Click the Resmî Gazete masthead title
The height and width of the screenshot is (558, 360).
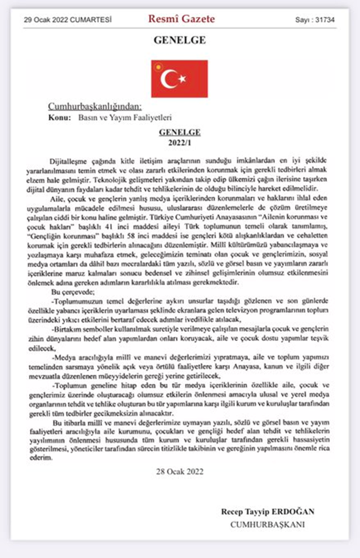point(181,19)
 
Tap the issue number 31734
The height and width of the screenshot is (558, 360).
point(322,20)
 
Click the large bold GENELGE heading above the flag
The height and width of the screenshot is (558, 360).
point(179,40)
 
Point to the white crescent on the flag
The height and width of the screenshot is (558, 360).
point(171,79)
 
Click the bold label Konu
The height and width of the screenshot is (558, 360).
point(59,118)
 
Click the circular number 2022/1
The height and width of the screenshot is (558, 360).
point(179,142)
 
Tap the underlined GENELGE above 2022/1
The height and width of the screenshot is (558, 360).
point(179,133)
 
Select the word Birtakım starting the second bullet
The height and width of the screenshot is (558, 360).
point(67,325)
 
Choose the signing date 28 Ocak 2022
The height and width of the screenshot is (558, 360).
point(179,471)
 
